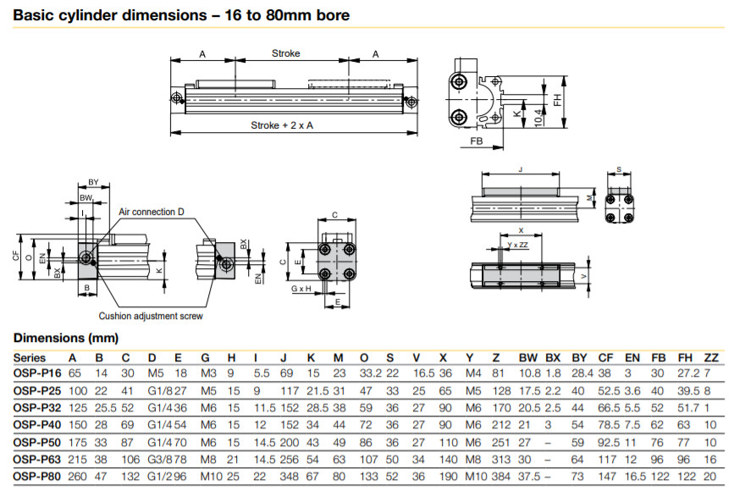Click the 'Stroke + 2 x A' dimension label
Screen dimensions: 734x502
pyautogui.click(x=282, y=125)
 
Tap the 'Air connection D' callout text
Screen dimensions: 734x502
pyautogui.click(x=152, y=212)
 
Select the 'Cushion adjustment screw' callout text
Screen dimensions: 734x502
pyautogui.click(x=151, y=316)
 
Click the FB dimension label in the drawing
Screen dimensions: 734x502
pyautogui.click(x=476, y=141)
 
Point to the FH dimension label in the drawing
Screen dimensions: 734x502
pyautogui.click(x=557, y=100)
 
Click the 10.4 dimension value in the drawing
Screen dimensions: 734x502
pyautogui.click(x=538, y=117)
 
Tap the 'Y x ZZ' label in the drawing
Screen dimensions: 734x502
pyautogui.click(x=518, y=245)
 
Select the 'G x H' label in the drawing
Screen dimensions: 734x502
pyautogui.click(x=301, y=289)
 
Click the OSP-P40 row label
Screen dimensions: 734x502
pyautogui.click(x=37, y=425)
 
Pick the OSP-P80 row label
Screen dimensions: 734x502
pyautogui.click(x=37, y=477)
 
